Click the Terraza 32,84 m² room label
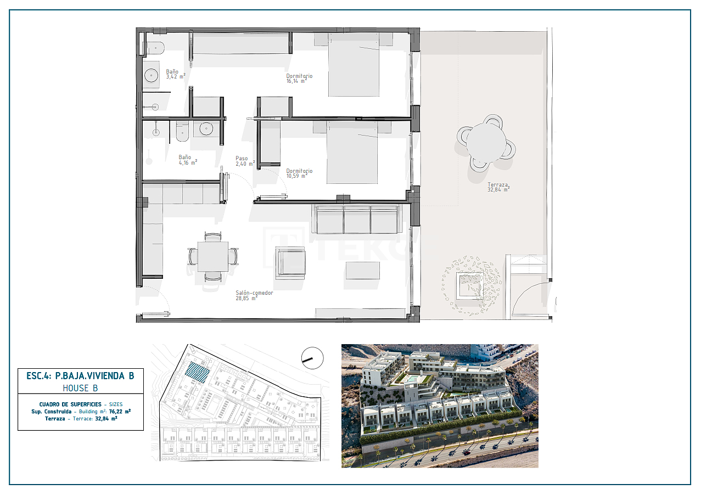click(498, 188)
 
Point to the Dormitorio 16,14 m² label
click(299, 78)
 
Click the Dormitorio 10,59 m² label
click(299, 173)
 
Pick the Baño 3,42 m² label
click(176, 74)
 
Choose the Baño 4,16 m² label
click(187, 160)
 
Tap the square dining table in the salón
click(213, 256)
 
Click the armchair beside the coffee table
click(290, 262)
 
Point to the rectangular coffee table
click(363, 270)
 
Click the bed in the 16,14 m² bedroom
click(354, 65)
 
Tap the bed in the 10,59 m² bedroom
click(352, 153)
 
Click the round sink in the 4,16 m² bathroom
click(206, 129)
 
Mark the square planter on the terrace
click(471, 285)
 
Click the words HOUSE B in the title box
click(80, 387)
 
